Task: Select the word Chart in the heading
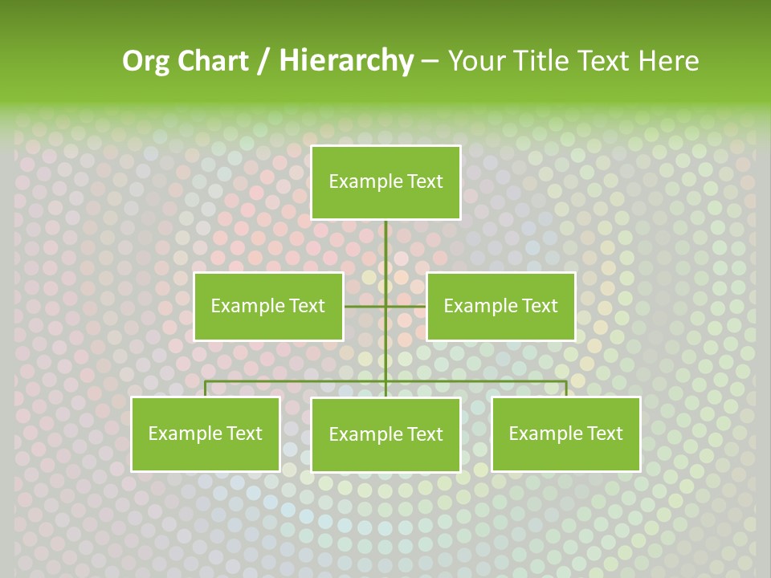213,61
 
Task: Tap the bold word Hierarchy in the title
345,61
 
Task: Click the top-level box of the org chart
385,182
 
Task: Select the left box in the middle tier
268,306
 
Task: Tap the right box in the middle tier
500,306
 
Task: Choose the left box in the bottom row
205,433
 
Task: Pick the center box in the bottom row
385,434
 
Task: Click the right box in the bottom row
565,433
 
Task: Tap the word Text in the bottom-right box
604,433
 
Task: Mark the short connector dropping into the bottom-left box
205,389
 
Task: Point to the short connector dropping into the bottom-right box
566,389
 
